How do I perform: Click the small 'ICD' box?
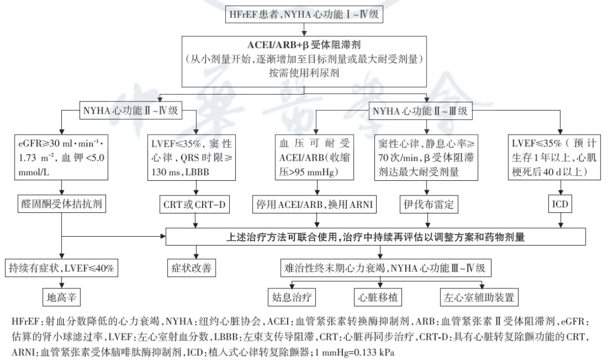(561, 202)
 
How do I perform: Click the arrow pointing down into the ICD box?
(561, 187)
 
